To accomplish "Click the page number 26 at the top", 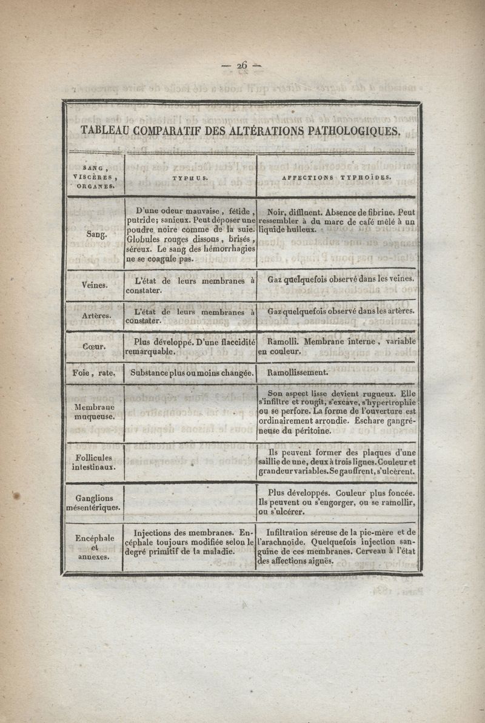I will point(242,66).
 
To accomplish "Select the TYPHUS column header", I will point(190,179).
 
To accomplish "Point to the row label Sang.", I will point(93,233).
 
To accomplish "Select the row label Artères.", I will point(95,315).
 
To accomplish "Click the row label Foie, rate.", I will point(94,373).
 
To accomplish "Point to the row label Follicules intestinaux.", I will point(93,463).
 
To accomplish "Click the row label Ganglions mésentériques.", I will point(93,502).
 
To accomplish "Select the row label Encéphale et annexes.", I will point(93,547).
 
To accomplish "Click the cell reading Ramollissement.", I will point(298,373).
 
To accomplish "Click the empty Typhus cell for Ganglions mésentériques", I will point(190,502).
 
